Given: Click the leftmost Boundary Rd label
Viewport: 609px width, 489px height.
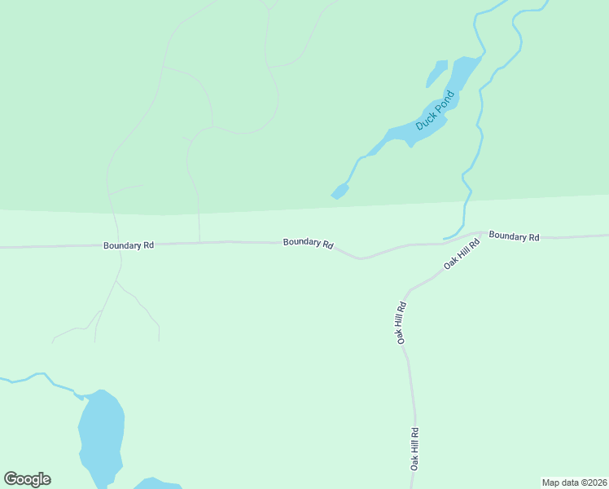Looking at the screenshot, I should tap(129, 244).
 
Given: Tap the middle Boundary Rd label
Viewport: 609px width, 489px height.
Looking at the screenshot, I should tap(309, 244).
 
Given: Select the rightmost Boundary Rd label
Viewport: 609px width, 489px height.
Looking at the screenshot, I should tap(514, 236).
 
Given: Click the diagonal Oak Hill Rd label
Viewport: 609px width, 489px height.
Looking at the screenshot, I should tap(457, 255).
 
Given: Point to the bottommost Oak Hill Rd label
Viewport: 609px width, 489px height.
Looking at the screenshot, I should tap(414, 449).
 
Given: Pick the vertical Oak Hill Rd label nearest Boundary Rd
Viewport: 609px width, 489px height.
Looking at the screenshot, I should tap(401, 323).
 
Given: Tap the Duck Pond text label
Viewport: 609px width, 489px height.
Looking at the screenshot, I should tap(434, 112).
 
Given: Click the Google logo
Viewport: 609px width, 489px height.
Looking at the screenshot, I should tap(27, 479).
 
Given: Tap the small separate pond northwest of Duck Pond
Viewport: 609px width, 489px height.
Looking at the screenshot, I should tap(437, 73).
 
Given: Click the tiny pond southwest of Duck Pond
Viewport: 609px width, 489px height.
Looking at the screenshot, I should tap(340, 192).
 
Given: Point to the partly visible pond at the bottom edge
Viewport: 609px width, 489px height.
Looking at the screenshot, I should tap(156, 484).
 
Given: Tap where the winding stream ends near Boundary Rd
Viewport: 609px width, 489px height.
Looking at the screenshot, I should tap(445, 239).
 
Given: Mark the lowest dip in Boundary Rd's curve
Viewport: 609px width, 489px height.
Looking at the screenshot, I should tap(361, 259).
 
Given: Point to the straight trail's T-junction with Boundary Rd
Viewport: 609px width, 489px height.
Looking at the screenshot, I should tap(200, 242).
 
